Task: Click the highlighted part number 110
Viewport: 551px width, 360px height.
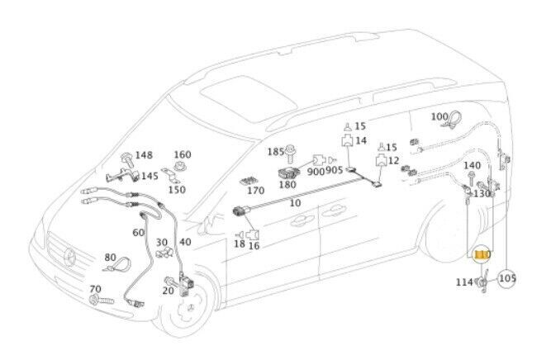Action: pos(482,256)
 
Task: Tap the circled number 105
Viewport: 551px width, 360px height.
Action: pos(507,278)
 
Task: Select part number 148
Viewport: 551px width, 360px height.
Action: pos(144,155)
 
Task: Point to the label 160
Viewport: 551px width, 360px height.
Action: pos(182,154)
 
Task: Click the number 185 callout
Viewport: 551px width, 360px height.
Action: pos(275,152)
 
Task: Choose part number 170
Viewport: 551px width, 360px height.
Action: pos(256,190)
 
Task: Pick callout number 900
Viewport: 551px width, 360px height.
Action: pos(316,172)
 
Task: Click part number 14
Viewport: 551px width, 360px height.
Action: pos(360,141)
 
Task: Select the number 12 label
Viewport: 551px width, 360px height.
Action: pos(393,160)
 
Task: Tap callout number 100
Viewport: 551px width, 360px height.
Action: pos(439,117)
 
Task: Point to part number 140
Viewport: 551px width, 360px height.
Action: pos(472,166)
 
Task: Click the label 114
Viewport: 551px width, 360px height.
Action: pos(464,282)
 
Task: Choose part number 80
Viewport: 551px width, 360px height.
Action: pos(110,258)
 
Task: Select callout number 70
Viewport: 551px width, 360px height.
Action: pos(95,288)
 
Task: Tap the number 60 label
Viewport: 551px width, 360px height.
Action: pos(138,233)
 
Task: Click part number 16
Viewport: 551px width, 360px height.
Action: pos(254,245)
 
